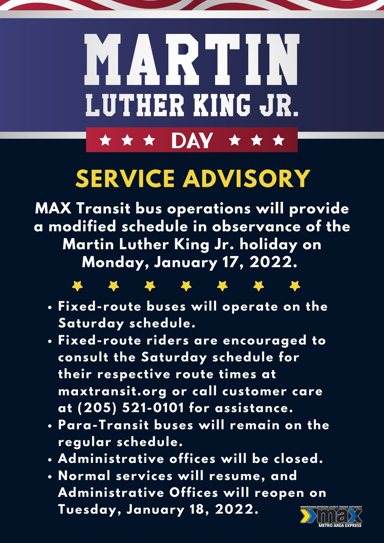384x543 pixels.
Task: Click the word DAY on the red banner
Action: click(192, 141)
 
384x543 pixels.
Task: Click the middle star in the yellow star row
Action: click(185, 286)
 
